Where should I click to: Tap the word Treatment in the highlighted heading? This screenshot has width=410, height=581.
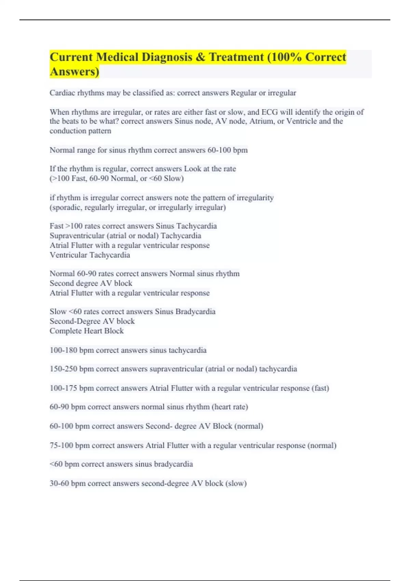(x=236, y=57)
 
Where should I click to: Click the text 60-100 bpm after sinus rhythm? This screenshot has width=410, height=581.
(x=227, y=150)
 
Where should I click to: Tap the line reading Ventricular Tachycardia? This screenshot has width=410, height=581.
(x=90, y=255)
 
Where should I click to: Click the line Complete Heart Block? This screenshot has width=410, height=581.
(x=86, y=331)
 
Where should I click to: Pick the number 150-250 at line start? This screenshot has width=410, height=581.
(x=63, y=369)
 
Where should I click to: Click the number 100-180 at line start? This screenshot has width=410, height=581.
(x=63, y=350)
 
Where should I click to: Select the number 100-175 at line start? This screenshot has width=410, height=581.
(x=63, y=388)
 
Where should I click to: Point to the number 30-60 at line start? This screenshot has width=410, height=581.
(x=59, y=483)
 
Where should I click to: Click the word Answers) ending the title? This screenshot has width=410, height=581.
(x=74, y=72)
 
